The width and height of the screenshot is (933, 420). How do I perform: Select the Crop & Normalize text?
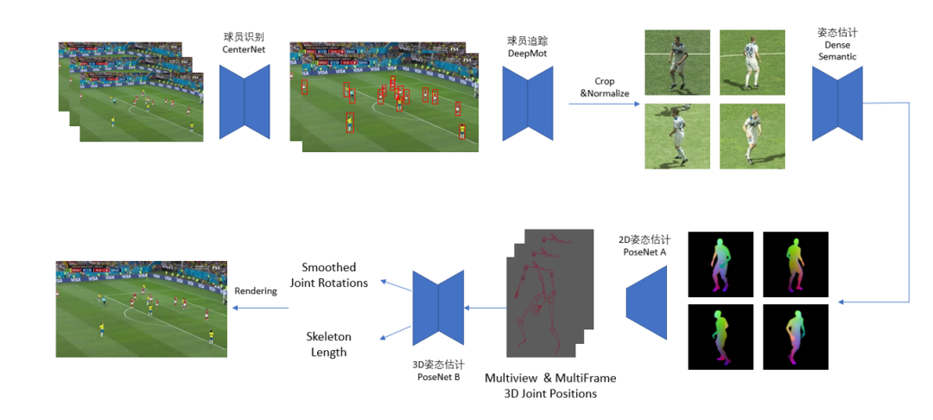pyautogui.click(x=605, y=87)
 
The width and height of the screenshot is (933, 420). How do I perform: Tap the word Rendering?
pyautogui.click(x=256, y=290)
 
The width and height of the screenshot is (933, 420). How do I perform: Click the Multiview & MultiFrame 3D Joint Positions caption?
pyautogui.click(x=550, y=385)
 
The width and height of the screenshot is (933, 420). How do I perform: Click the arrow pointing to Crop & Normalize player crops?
pyautogui.click(x=605, y=105)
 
